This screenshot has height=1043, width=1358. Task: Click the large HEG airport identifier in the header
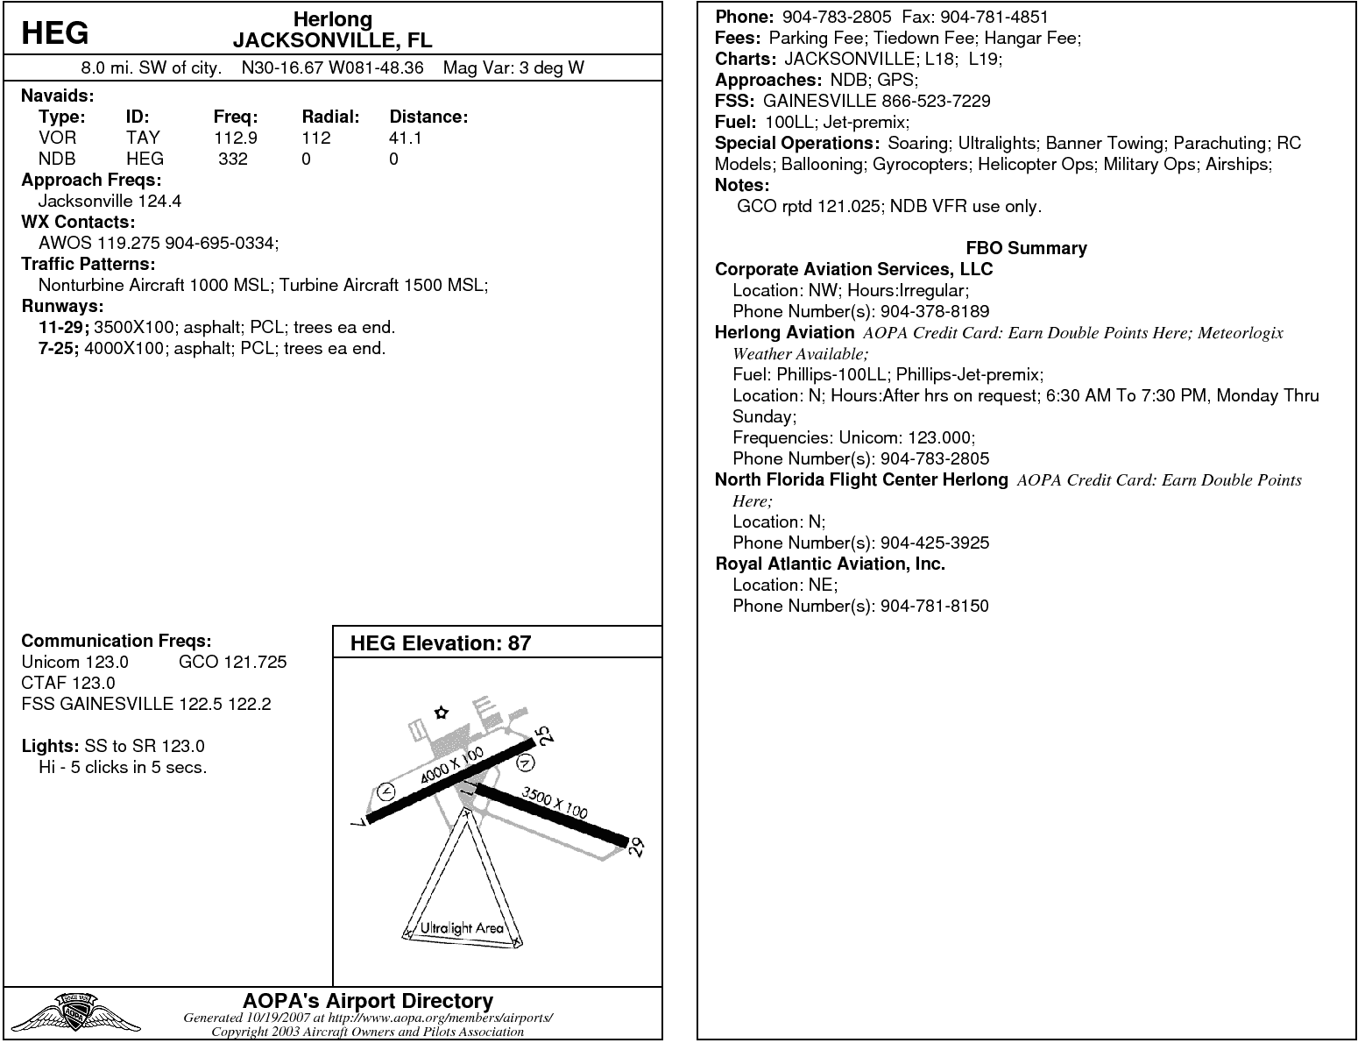(54, 32)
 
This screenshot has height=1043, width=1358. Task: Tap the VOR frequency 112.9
(235, 138)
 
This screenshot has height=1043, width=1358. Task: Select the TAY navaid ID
(143, 138)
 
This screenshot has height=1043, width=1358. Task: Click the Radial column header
(330, 117)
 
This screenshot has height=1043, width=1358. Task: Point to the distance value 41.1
(405, 138)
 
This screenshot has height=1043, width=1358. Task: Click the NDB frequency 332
(233, 159)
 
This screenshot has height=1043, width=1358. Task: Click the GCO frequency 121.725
(232, 662)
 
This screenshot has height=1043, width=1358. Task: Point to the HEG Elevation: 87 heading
(440, 643)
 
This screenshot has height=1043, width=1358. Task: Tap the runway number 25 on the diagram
(545, 737)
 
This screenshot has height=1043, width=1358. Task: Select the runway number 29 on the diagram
(637, 847)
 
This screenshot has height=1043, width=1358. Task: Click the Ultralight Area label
(462, 927)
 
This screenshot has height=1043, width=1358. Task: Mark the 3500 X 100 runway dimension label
(555, 802)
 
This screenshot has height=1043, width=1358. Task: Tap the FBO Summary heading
(1026, 248)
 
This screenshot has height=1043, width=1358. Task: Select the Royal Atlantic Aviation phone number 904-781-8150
(934, 606)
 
